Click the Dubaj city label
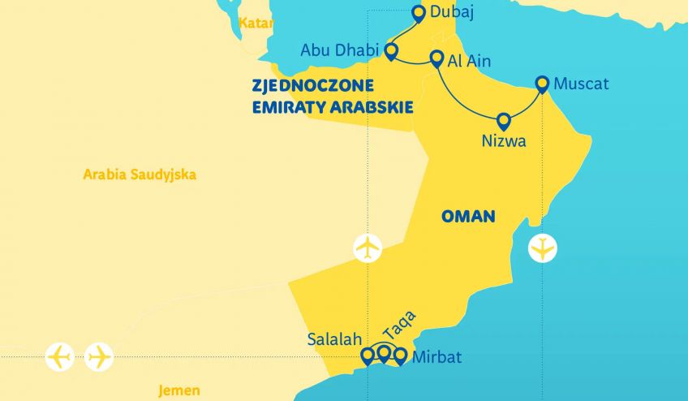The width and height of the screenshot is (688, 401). click(453, 12)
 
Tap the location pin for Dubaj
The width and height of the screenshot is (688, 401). click(419, 13)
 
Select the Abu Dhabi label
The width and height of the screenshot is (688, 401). click(340, 50)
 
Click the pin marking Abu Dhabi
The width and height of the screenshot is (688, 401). click(391, 52)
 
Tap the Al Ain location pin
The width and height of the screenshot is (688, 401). click(436, 59)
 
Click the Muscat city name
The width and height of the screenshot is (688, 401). click(581, 84)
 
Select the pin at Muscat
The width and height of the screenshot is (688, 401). click(544, 84)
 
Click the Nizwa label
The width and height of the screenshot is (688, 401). click(503, 141)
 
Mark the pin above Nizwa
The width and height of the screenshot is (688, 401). click(503, 121)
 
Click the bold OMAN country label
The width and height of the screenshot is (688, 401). click(468, 216)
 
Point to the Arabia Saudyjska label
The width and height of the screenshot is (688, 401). click(140, 174)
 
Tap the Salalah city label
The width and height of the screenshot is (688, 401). click(334, 339)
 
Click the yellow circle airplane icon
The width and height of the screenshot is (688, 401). click(542, 247)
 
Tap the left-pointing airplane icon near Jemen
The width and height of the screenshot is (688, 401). click(60, 356)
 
